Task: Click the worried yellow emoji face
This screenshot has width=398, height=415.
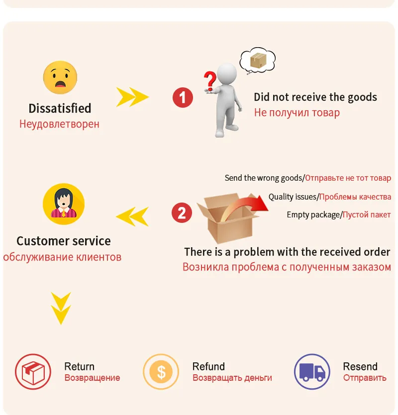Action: point(60,77)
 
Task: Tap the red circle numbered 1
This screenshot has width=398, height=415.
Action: point(183,97)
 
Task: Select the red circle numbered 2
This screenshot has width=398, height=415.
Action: point(182,213)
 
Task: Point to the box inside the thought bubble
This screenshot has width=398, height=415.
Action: point(257,61)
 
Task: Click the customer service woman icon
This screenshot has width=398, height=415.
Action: point(64,204)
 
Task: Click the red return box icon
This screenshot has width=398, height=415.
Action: point(33,371)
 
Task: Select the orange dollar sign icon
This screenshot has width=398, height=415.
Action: point(161,371)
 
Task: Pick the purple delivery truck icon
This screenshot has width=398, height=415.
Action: point(312,371)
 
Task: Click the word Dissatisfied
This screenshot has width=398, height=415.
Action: point(60,108)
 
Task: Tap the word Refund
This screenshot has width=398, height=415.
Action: point(208,366)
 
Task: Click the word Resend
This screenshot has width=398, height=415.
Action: point(360,366)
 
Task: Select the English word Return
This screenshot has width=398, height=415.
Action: point(79,366)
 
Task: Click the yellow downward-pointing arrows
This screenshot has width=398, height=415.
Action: point(61,308)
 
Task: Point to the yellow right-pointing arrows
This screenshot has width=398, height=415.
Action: point(132,97)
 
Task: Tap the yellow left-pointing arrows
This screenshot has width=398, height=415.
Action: point(132,216)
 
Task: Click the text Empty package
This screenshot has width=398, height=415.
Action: point(314,214)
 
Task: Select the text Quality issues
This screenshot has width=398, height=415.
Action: point(293,197)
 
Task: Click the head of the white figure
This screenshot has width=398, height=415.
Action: point(227,73)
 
